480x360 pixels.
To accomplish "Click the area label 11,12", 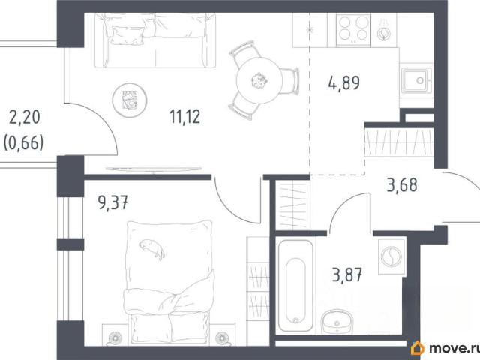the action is [185, 117].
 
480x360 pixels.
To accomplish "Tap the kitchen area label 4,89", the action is [344, 83].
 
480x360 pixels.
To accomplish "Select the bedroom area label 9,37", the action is [112, 202].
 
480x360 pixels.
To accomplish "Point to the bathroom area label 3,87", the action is [347, 274].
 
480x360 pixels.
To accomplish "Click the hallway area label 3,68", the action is [402, 185].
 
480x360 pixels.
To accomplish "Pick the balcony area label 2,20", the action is [25, 118].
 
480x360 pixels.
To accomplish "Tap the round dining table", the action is [259, 80].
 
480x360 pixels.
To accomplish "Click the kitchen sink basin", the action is [415, 80].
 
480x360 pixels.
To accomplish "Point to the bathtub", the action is [295, 286].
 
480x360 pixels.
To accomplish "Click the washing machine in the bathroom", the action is [391, 256].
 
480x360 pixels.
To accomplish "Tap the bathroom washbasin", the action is [337, 322].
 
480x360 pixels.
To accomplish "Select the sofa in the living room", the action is [155, 40].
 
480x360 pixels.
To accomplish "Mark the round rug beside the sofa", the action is [130, 100].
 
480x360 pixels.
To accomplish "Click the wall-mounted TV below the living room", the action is [154, 169].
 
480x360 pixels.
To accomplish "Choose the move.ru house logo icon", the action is [418, 348].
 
